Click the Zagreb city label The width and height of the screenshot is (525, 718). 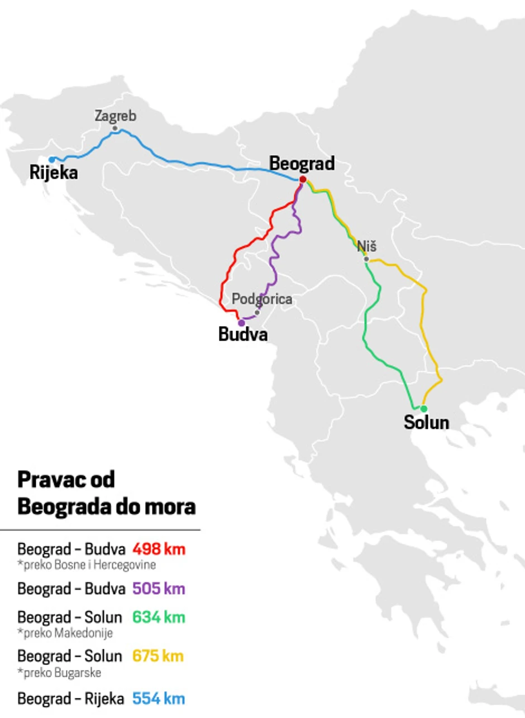(115, 116)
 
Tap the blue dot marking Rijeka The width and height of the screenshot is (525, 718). (52, 160)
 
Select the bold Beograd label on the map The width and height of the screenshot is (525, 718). (302, 164)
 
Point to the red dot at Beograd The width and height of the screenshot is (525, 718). (302, 179)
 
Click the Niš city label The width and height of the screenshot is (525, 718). (367, 246)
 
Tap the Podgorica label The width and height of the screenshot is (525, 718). (262, 299)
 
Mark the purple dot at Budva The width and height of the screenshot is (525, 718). (241, 323)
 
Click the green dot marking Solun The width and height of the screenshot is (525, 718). (423, 409)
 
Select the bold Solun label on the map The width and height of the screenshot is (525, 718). (426, 423)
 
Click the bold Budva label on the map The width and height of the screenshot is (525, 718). (242, 335)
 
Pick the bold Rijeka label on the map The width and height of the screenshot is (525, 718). (54, 173)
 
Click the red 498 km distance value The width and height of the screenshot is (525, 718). (159, 549)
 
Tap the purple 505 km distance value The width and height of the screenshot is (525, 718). (159, 588)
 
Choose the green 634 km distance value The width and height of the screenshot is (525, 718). (159, 618)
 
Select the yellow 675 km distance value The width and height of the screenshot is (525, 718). (159, 656)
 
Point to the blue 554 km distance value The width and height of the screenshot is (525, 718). (159, 698)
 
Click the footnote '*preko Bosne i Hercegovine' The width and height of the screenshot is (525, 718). (87, 564)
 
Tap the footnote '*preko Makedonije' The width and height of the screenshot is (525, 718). (65, 633)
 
